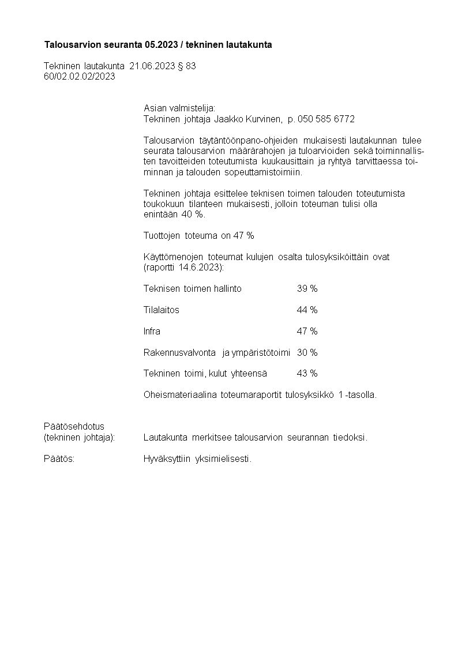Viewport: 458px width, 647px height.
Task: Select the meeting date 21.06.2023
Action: [x=152, y=66]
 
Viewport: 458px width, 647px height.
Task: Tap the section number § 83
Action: [x=187, y=66]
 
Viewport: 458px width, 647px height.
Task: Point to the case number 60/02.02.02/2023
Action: [x=80, y=76]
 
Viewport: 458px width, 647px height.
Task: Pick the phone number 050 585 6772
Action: [x=326, y=119]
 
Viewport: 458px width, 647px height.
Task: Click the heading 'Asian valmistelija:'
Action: [x=179, y=108]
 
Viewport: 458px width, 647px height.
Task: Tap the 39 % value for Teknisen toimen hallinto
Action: [x=307, y=289]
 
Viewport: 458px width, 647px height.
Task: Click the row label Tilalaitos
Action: [x=161, y=310]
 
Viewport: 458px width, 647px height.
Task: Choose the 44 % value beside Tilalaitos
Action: [x=307, y=310]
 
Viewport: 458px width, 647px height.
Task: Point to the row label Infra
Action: [x=152, y=332]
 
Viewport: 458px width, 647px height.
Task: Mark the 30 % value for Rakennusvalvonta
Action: [x=307, y=352]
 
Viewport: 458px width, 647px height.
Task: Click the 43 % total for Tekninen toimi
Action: [x=307, y=374]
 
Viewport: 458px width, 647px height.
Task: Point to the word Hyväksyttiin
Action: [x=167, y=460]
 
